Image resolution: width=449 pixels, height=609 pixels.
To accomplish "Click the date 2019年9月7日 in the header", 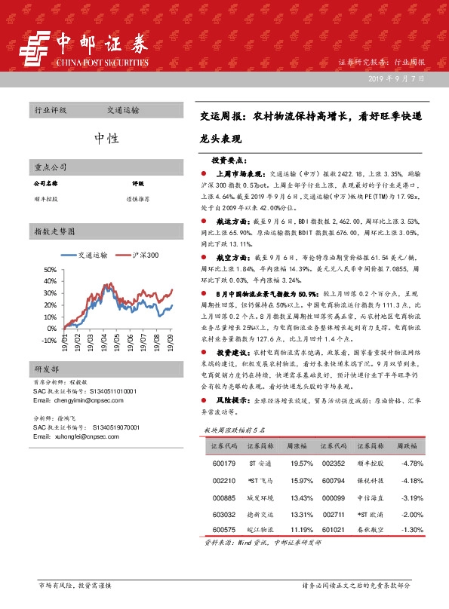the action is (x=397, y=78).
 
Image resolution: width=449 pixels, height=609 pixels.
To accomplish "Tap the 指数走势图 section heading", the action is (x=54, y=230).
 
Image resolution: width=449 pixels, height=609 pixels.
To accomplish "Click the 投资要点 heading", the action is (x=229, y=161).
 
